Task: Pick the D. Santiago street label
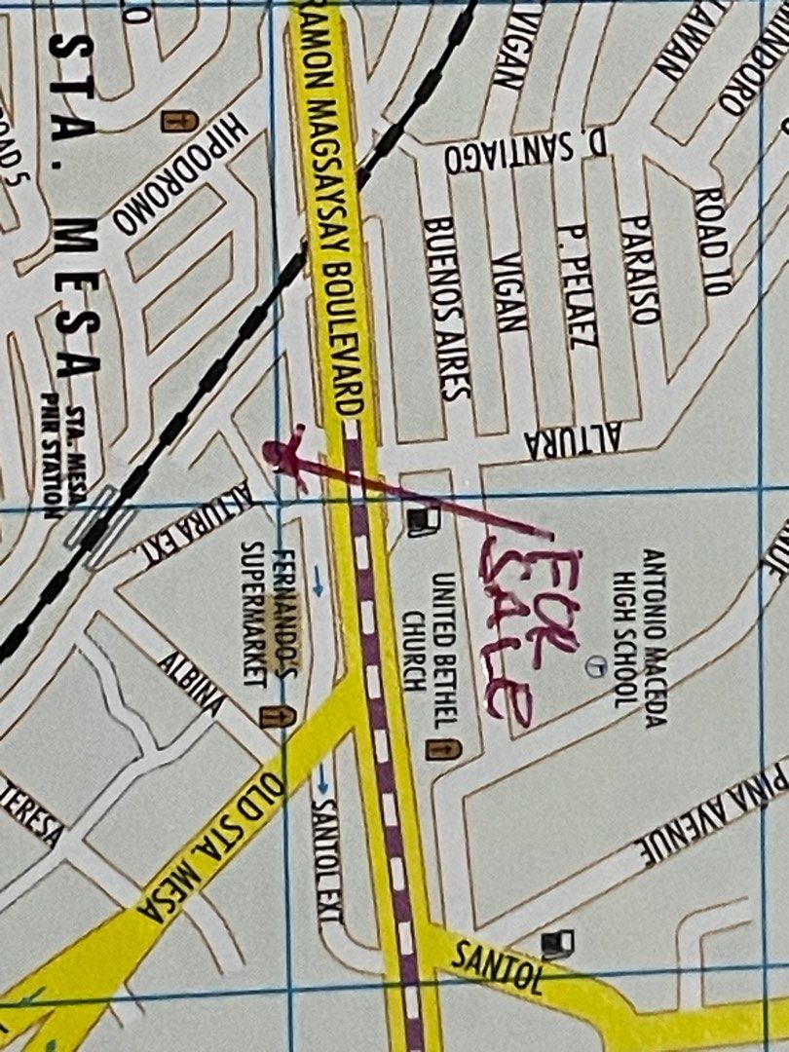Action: coord(526,157)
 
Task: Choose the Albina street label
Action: coord(191,682)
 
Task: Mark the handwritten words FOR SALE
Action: coord(526,633)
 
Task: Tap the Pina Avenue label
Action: coord(716,813)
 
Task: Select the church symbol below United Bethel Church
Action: coord(443,749)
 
